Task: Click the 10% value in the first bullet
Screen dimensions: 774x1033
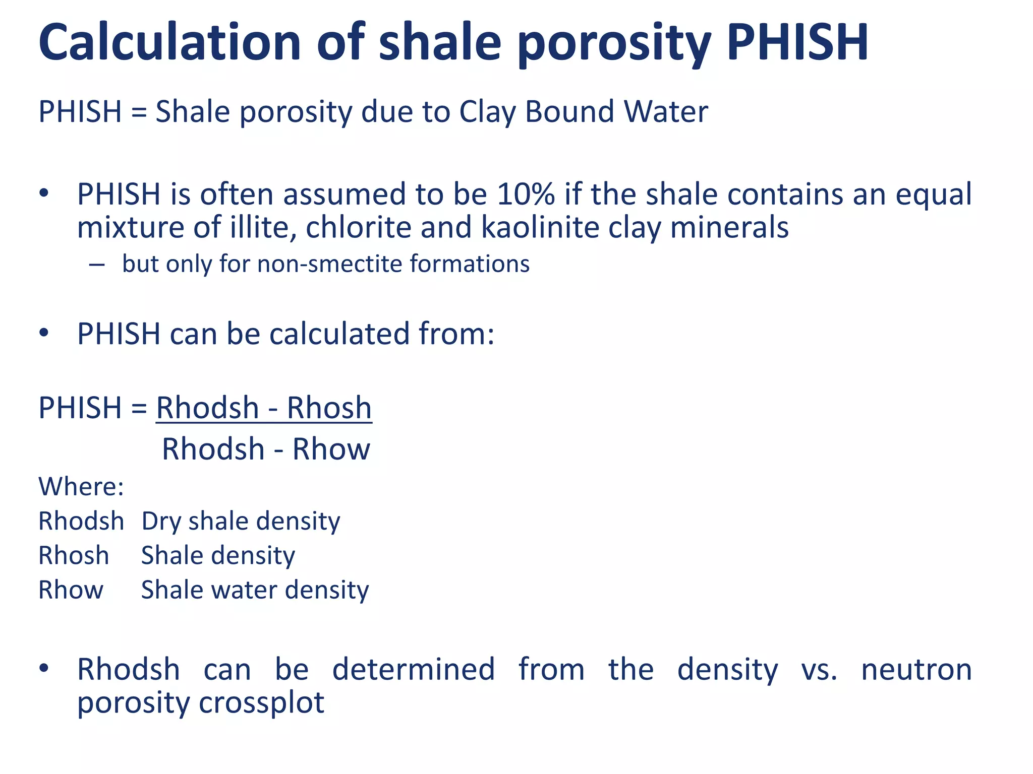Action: [x=526, y=194]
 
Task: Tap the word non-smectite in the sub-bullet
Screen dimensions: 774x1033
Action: [x=329, y=264]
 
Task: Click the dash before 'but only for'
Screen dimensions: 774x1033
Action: [x=96, y=265]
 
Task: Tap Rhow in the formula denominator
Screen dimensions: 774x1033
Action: [x=331, y=449]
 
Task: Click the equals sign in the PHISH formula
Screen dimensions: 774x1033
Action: [x=139, y=408]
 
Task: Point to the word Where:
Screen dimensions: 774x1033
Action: [x=81, y=487]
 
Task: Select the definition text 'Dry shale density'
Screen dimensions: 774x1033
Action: [x=241, y=521]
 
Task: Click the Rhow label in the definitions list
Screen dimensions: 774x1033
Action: [x=71, y=590]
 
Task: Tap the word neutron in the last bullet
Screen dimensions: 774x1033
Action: [x=916, y=670]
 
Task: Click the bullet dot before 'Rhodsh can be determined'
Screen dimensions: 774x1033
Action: [x=44, y=668]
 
